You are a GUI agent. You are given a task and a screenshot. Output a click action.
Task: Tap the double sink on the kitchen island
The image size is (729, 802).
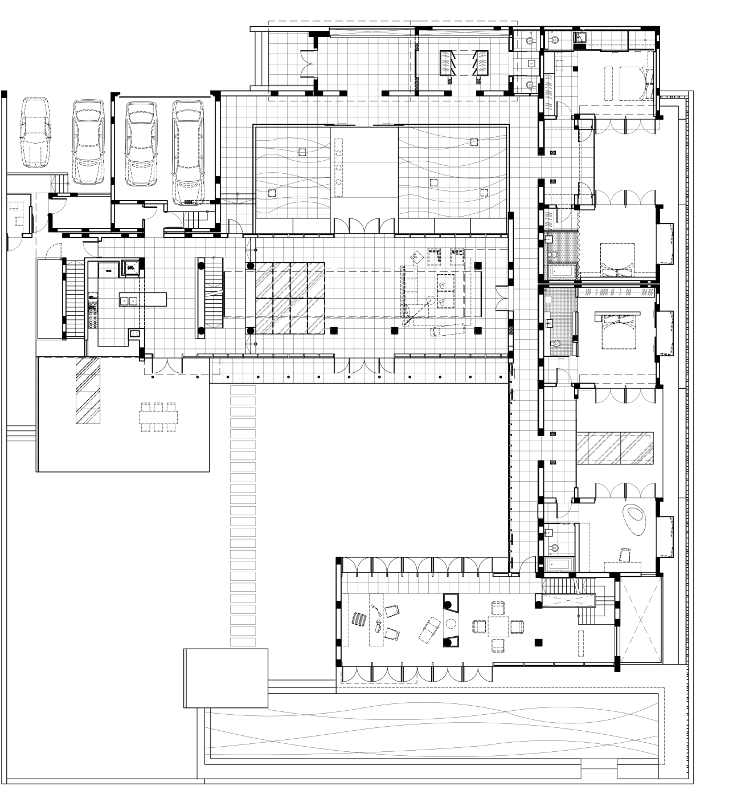tap(128, 300)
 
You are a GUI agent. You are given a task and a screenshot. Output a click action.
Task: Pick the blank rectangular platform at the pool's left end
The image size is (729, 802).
tap(226, 678)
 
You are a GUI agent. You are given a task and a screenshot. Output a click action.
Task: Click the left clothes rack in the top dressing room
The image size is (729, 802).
tap(447, 62)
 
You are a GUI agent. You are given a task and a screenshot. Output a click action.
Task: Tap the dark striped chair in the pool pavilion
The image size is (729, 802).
tap(359, 620)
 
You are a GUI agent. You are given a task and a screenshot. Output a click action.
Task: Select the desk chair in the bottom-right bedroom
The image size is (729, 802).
tap(625, 553)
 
